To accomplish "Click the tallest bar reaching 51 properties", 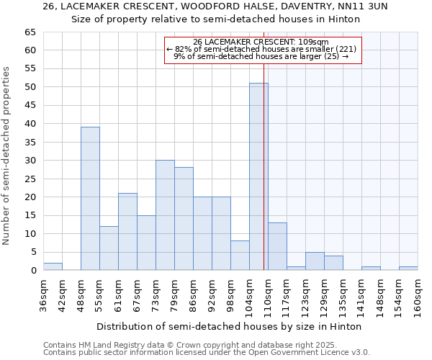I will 258,176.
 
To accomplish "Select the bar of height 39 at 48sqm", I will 90,199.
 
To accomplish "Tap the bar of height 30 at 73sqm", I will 165,215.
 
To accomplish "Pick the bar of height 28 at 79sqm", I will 184,219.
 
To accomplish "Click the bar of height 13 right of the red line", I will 277,246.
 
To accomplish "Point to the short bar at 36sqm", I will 53,266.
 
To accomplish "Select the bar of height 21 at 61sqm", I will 127,232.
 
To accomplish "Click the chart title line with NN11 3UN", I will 215,6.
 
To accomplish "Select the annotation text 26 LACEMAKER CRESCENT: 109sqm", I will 261,42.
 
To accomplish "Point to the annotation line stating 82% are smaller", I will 261,49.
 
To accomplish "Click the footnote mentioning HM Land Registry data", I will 189,345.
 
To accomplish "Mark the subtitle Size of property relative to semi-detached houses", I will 215,19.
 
